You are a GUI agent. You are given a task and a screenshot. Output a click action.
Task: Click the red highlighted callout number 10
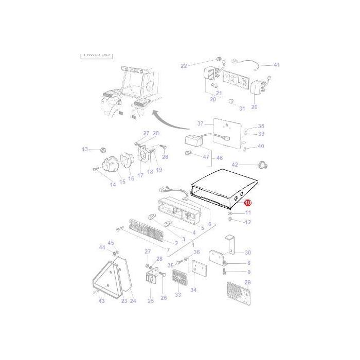pos(248,203)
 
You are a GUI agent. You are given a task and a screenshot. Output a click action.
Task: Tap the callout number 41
pos(277,65)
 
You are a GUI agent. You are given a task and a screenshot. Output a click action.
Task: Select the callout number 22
pos(184,65)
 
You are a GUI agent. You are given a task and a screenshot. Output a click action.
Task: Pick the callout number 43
pos(101,301)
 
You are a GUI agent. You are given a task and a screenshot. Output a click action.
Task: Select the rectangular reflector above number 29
pos(237,296)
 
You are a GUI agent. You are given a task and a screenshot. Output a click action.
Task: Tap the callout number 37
pos(201,123)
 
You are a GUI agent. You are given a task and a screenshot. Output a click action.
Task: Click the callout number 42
pos(235,165)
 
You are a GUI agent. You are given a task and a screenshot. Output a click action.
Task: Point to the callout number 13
pos(85,149)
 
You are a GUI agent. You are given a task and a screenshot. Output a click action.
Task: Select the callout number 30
pos(248,253)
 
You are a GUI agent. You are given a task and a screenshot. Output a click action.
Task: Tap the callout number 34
pos(193,290)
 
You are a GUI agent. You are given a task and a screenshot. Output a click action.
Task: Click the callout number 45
pos(111,242)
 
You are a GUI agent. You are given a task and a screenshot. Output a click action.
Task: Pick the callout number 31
pos(242,109)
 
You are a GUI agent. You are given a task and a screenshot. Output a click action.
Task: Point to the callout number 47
pos(206,156)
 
